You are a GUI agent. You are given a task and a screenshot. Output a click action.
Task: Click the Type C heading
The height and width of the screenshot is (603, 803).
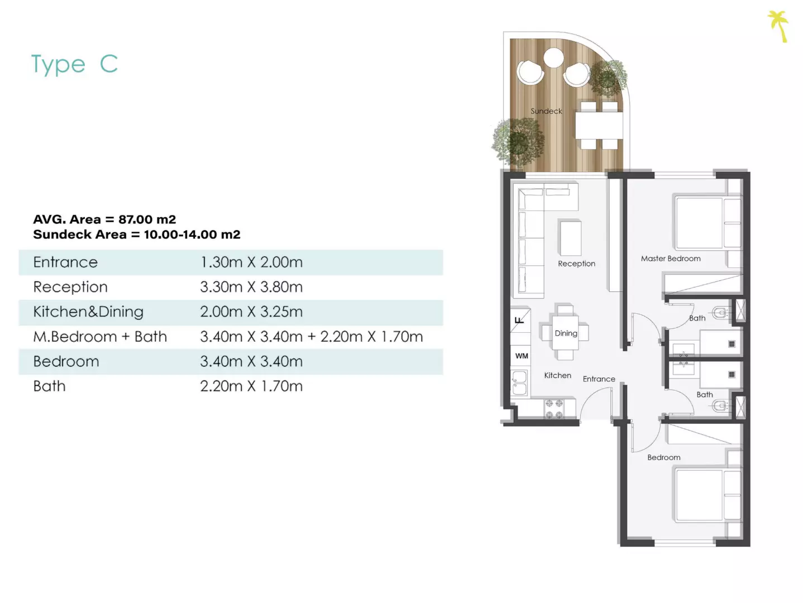click(x=75, y=64)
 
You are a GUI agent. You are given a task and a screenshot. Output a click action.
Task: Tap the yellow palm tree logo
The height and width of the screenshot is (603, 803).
click(x=778, y=26)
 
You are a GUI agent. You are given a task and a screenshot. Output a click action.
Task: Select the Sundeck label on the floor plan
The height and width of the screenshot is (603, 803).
click(x=546, y=111)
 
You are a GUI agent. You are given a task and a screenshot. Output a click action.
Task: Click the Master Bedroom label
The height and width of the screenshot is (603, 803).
click(x=671, y=259)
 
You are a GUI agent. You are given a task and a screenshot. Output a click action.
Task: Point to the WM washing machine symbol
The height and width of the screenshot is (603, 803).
click(x=522, y=356)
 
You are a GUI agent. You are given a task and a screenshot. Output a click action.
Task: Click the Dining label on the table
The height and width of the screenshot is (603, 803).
click(x=566, y=333)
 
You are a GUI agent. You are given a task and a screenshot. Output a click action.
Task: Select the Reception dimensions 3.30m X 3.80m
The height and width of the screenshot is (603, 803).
click(x=251, y=287)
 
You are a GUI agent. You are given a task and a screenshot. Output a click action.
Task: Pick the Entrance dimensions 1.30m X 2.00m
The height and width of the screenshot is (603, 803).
click(x=251, y=262)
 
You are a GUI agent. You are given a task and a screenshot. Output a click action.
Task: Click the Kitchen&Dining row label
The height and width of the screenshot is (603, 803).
click(x=88, y=312)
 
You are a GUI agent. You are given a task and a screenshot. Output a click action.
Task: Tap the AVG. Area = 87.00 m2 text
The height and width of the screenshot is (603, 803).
click(x=104, y=219)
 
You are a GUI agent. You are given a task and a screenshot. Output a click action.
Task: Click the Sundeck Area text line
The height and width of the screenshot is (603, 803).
click(x=137, y=234)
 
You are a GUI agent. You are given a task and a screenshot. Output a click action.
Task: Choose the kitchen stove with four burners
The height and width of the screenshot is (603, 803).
click(x=554, y=409)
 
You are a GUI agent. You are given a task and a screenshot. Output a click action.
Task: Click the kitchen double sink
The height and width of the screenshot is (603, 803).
click(x=519, y=383)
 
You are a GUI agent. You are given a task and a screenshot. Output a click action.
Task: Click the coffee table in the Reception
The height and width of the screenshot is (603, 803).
click(x=570, y=238)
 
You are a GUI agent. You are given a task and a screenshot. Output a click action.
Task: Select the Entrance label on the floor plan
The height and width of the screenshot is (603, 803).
click(x=599, y=379)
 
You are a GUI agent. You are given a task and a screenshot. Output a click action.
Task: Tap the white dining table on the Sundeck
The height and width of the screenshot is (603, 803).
click(x=599, y=126)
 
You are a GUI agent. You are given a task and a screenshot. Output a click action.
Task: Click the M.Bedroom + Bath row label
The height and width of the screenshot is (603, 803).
click(x=100, y=337)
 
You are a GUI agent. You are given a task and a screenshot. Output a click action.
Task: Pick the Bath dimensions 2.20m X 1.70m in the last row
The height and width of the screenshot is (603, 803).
click(x=251, y=386)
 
